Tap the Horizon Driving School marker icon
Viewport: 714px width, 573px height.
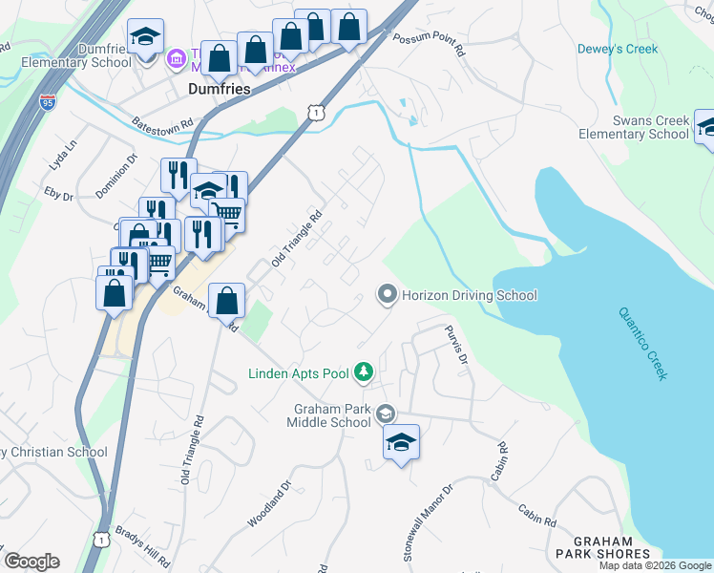click(x=387, y=295)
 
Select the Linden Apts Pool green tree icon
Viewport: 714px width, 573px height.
click(x=363, y=371)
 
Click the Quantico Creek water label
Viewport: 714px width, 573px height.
click(x=641, y=343)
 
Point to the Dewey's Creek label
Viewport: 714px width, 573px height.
click(x=618, y=49)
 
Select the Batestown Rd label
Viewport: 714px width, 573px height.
click(x=162, y=124)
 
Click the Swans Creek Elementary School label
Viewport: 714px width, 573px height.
click(x=633, y=127)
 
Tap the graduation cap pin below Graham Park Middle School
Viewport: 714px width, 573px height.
click(x=402, y=443)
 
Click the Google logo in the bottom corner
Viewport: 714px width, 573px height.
click(x=31, y=562)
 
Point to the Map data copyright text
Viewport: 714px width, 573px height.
click(x=655, y=565)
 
